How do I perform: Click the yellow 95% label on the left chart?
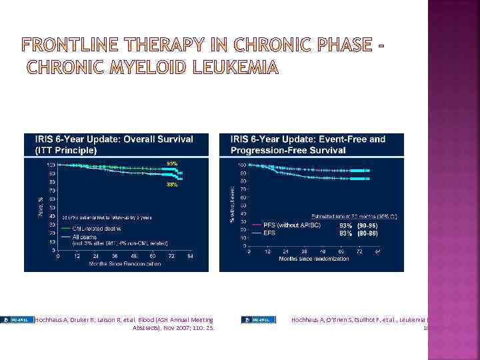[172, 163]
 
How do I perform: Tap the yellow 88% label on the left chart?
[172, 185]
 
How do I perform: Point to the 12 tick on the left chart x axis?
[77, 256]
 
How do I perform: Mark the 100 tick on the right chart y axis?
[243, 164]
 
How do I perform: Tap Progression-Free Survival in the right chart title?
[288, 150]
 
